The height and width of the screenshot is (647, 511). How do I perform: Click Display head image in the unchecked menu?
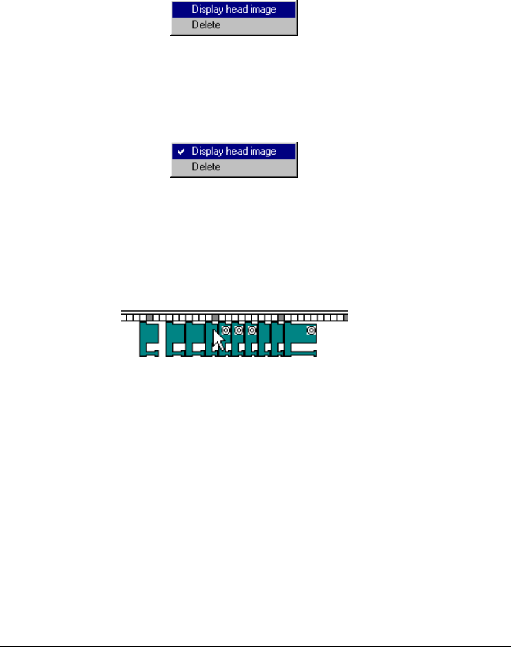coord(234,10)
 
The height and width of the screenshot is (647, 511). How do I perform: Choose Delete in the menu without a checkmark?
coord(206,25)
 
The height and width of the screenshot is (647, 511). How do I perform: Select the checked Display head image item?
coord(234,151)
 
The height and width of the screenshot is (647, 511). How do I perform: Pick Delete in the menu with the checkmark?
coord(206,167)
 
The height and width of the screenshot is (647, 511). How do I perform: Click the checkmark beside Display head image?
coord(181,151)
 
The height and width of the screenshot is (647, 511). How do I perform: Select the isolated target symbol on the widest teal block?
coord(311,330)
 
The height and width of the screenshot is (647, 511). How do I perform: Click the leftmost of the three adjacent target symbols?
coord(226,330)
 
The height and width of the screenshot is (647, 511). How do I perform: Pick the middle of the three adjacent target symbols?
coord(239,330)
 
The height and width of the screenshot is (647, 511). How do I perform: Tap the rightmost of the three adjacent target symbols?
coord(252,330)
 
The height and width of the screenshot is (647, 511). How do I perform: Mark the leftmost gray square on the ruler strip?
coord(149,317)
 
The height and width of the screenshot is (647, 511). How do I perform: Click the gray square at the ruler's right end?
coord(345,317)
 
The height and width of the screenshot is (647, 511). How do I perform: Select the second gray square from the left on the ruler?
coord(215,317)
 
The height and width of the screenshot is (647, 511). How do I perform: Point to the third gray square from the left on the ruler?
coord(281,317)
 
